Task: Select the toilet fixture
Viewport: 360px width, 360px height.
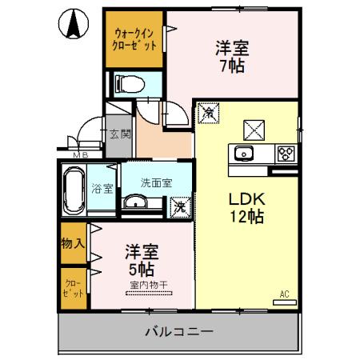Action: pyautogui.click(x=128, y=82)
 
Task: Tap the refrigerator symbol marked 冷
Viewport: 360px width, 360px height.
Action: pyautogui.click(x=207, y=114)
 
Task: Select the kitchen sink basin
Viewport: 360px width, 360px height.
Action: pyautogui.click(x=242, y=154)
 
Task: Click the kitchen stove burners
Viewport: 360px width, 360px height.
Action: pyautogui.click(x=285, y=153)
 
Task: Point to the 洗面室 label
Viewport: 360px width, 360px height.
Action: pyautogui.click(x=156, y=182)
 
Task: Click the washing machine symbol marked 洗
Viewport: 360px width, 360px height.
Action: pyautogui.click(x=182, y=206)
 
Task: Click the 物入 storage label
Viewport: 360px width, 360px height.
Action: pyautogui.click(x=73, y=242)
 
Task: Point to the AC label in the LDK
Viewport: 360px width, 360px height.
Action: pyautogui.click(x=283, y=294)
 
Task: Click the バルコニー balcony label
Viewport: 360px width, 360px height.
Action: pyautogui.click(x=178, y=330)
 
